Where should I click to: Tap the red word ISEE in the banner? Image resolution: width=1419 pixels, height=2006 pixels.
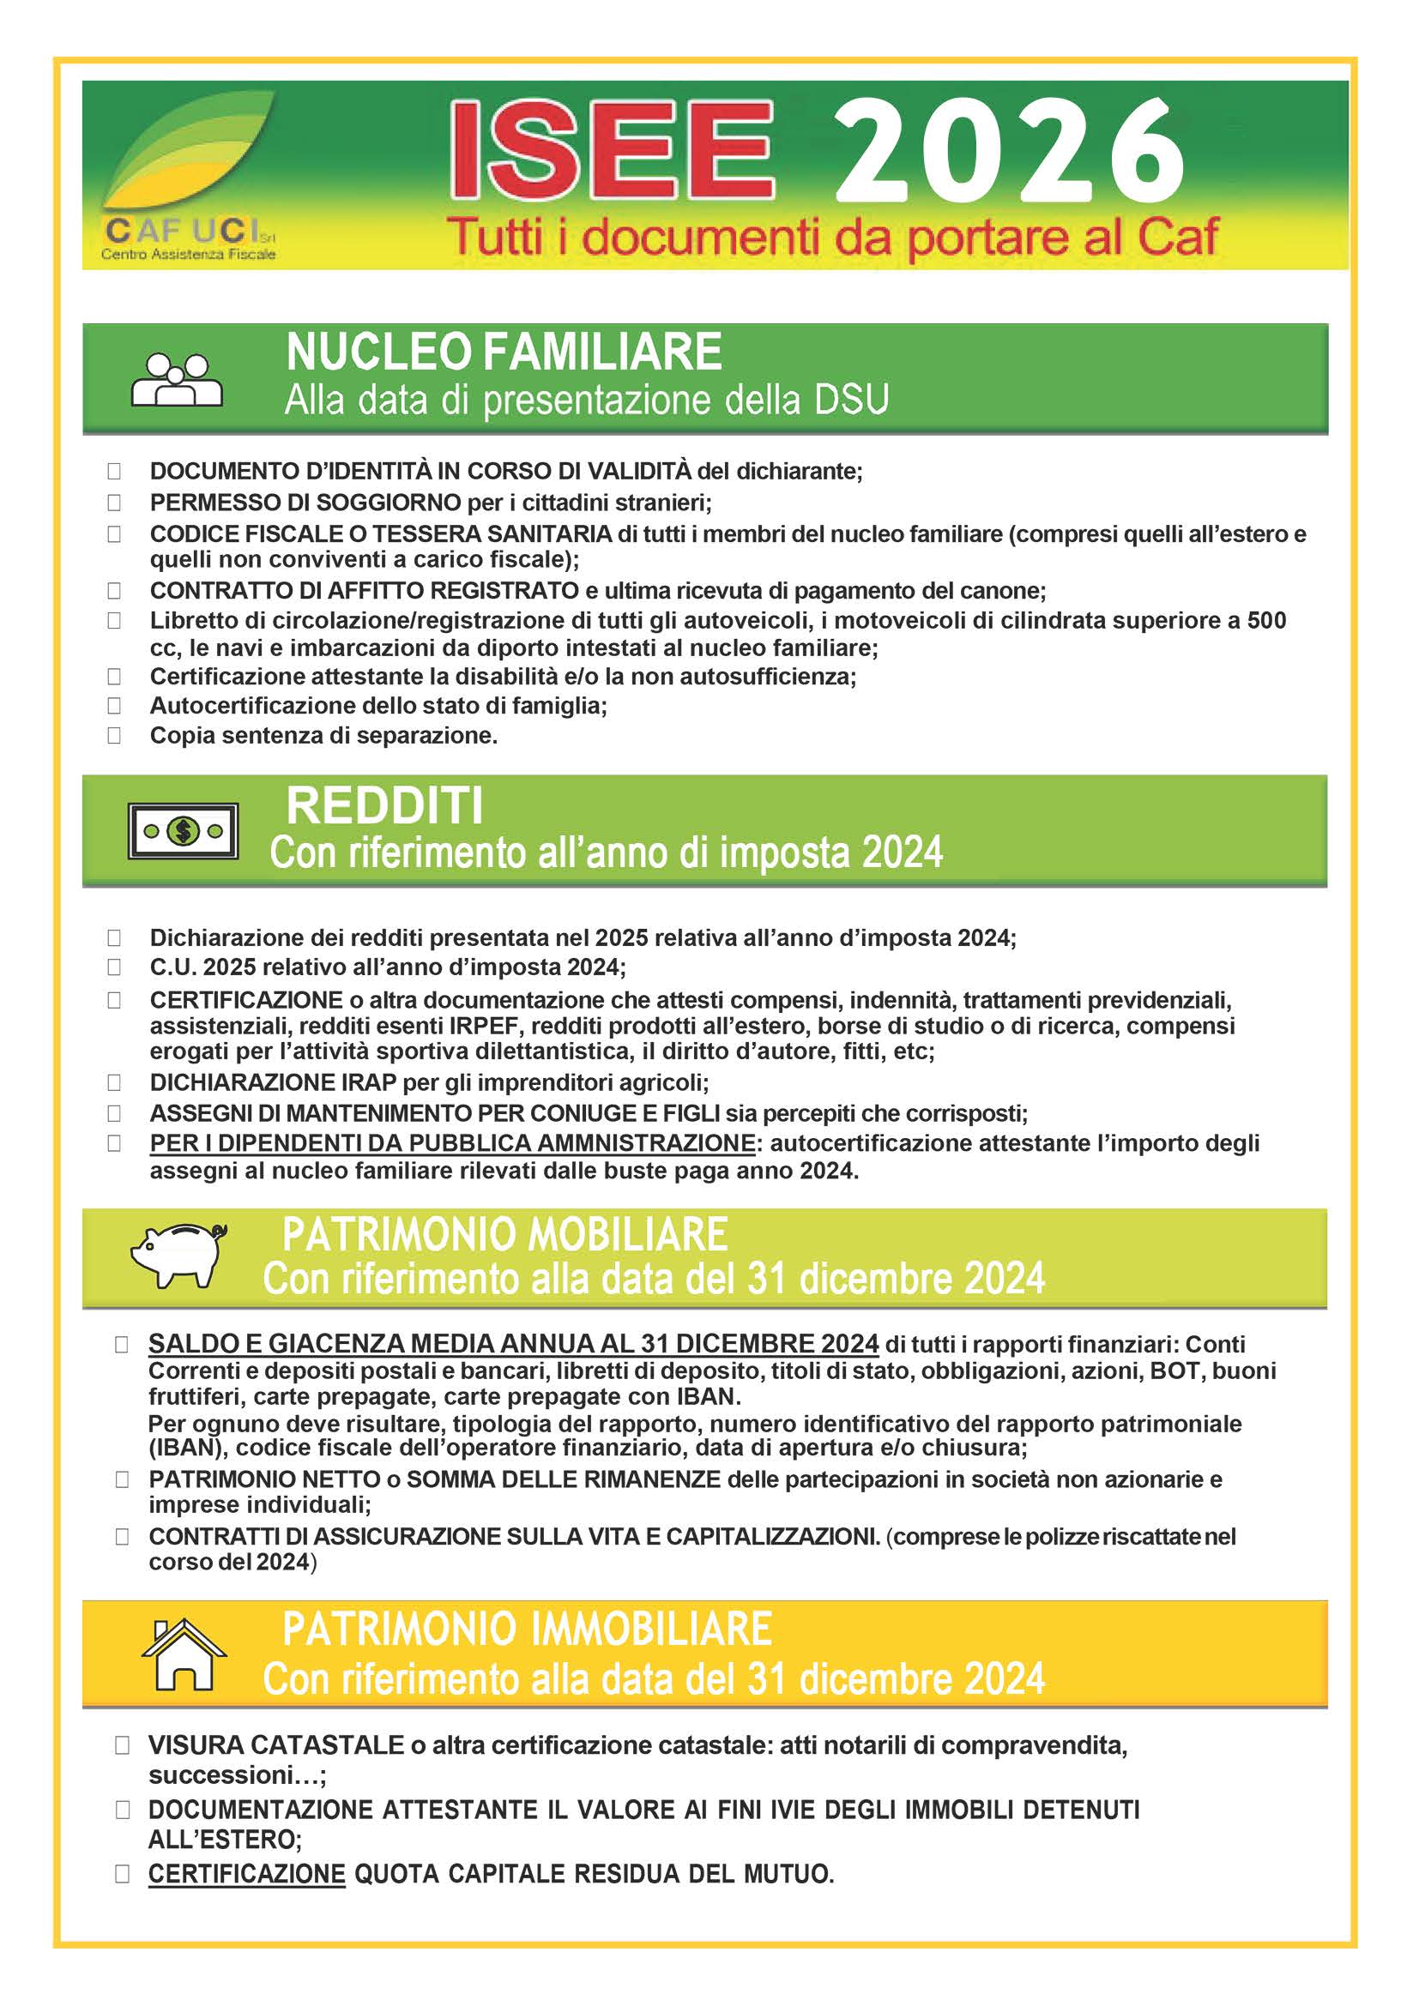[612, 151]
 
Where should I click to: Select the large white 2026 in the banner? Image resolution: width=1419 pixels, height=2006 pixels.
[1009, 151]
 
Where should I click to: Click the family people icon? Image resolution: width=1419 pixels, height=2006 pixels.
[177, 379]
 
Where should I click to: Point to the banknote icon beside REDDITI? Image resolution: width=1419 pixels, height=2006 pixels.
[183, 831]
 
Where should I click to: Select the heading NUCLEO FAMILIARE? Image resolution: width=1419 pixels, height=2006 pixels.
[504, 352]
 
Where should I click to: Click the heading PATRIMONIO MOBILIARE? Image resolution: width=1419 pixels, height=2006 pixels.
[504, 1234]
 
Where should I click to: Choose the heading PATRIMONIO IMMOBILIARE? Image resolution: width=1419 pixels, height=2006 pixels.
[527, 1629]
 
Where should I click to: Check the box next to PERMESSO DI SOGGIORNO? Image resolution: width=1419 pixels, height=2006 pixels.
[114, 503]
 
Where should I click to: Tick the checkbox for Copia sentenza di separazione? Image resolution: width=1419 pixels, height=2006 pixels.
[114, 736]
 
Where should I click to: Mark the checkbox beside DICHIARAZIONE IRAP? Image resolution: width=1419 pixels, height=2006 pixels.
[114, 1082]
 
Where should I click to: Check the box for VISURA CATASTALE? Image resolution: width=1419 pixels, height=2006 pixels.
[123, 1745]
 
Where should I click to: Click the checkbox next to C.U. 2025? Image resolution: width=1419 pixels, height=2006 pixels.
[114, 967]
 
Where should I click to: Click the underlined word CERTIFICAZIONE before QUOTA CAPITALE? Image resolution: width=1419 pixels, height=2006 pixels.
[246, 1874]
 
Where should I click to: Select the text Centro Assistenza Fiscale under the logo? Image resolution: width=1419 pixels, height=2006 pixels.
[188, 254]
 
